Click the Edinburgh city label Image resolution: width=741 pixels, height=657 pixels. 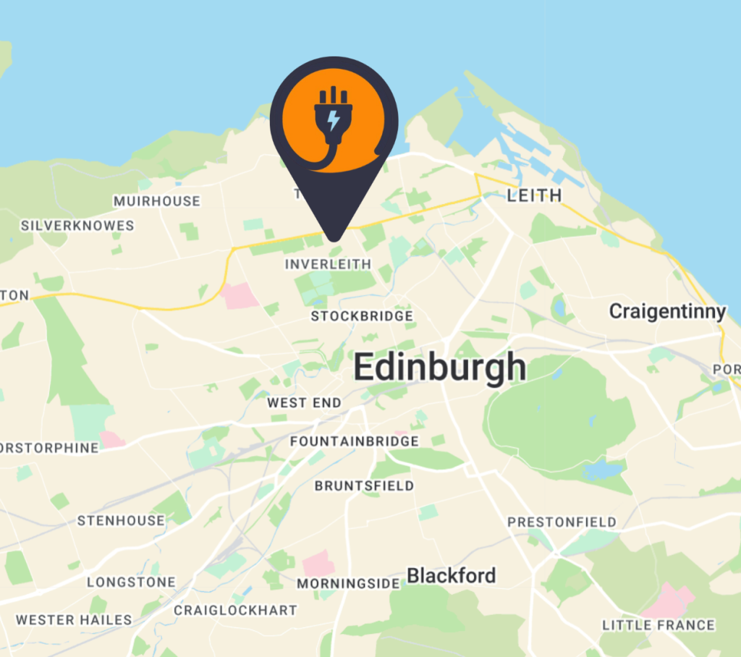pyautogui.click(x=439, y=368)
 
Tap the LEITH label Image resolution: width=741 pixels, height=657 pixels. pyautogui.click(x=535, y=195)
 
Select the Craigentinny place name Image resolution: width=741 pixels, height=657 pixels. pyautogui.click(x=667, y=312)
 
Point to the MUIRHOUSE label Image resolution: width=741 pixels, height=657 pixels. pyautogui.click(x=156, y=201)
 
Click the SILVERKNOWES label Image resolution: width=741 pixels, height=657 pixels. pyautogui.click(x=77, y=226)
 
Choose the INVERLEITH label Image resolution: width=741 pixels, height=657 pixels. pyautogui.click(x=328, y=265)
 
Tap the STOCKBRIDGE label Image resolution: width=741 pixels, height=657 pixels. pyautogui.click(x=362, y=316)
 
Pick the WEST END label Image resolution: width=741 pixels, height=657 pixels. pyautogui.click(x=304, y=403)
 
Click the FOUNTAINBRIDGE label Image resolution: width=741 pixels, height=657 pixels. pyautogui.click(x=355, y=441)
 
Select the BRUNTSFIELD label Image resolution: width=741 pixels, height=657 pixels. pyautogui.click(x=364, y=486)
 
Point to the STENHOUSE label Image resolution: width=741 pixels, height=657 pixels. pyautogui.click(x=121, y=521)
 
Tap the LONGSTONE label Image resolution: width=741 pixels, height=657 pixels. pyautogui.click(x=131, y=582)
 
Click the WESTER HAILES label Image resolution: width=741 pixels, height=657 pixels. pyautogui.click(x=74, y=620)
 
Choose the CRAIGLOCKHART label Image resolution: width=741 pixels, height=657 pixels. pyautogui.click(x=235, y=611)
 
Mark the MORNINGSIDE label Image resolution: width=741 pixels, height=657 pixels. pyautogui.click(x=348, y=583)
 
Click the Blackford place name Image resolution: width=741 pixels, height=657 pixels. pyautogui.click(x=452, y=576)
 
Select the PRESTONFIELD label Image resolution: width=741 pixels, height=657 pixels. pyautogui.click(x=562, y=522)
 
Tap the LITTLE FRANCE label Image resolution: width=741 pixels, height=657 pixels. pyautogui.click(x=659, y=625)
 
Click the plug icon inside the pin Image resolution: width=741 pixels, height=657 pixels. pyautogui.click(x=333, y=119)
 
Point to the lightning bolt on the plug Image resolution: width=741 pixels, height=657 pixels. pyautogui.click(x=333, y=120)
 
